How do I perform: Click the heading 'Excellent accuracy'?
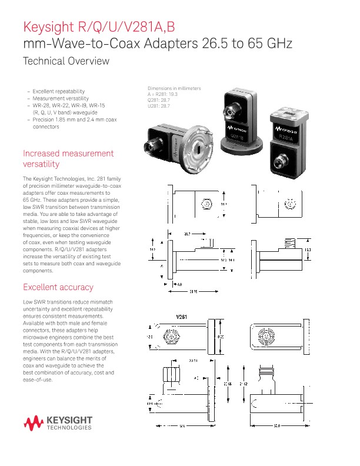pyautogui.click(x=58, y=287)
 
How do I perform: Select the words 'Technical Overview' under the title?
pyautogui.click(x=65, y=61)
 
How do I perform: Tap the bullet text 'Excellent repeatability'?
pyautogui.click(x=59, y=91)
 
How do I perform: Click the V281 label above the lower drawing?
pyautogui.click(x=184, y=317)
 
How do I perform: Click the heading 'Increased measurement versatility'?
pyautogui.click(x=68, y=158)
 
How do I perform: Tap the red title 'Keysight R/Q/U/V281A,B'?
pyautogui.click(x=99, y=27)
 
